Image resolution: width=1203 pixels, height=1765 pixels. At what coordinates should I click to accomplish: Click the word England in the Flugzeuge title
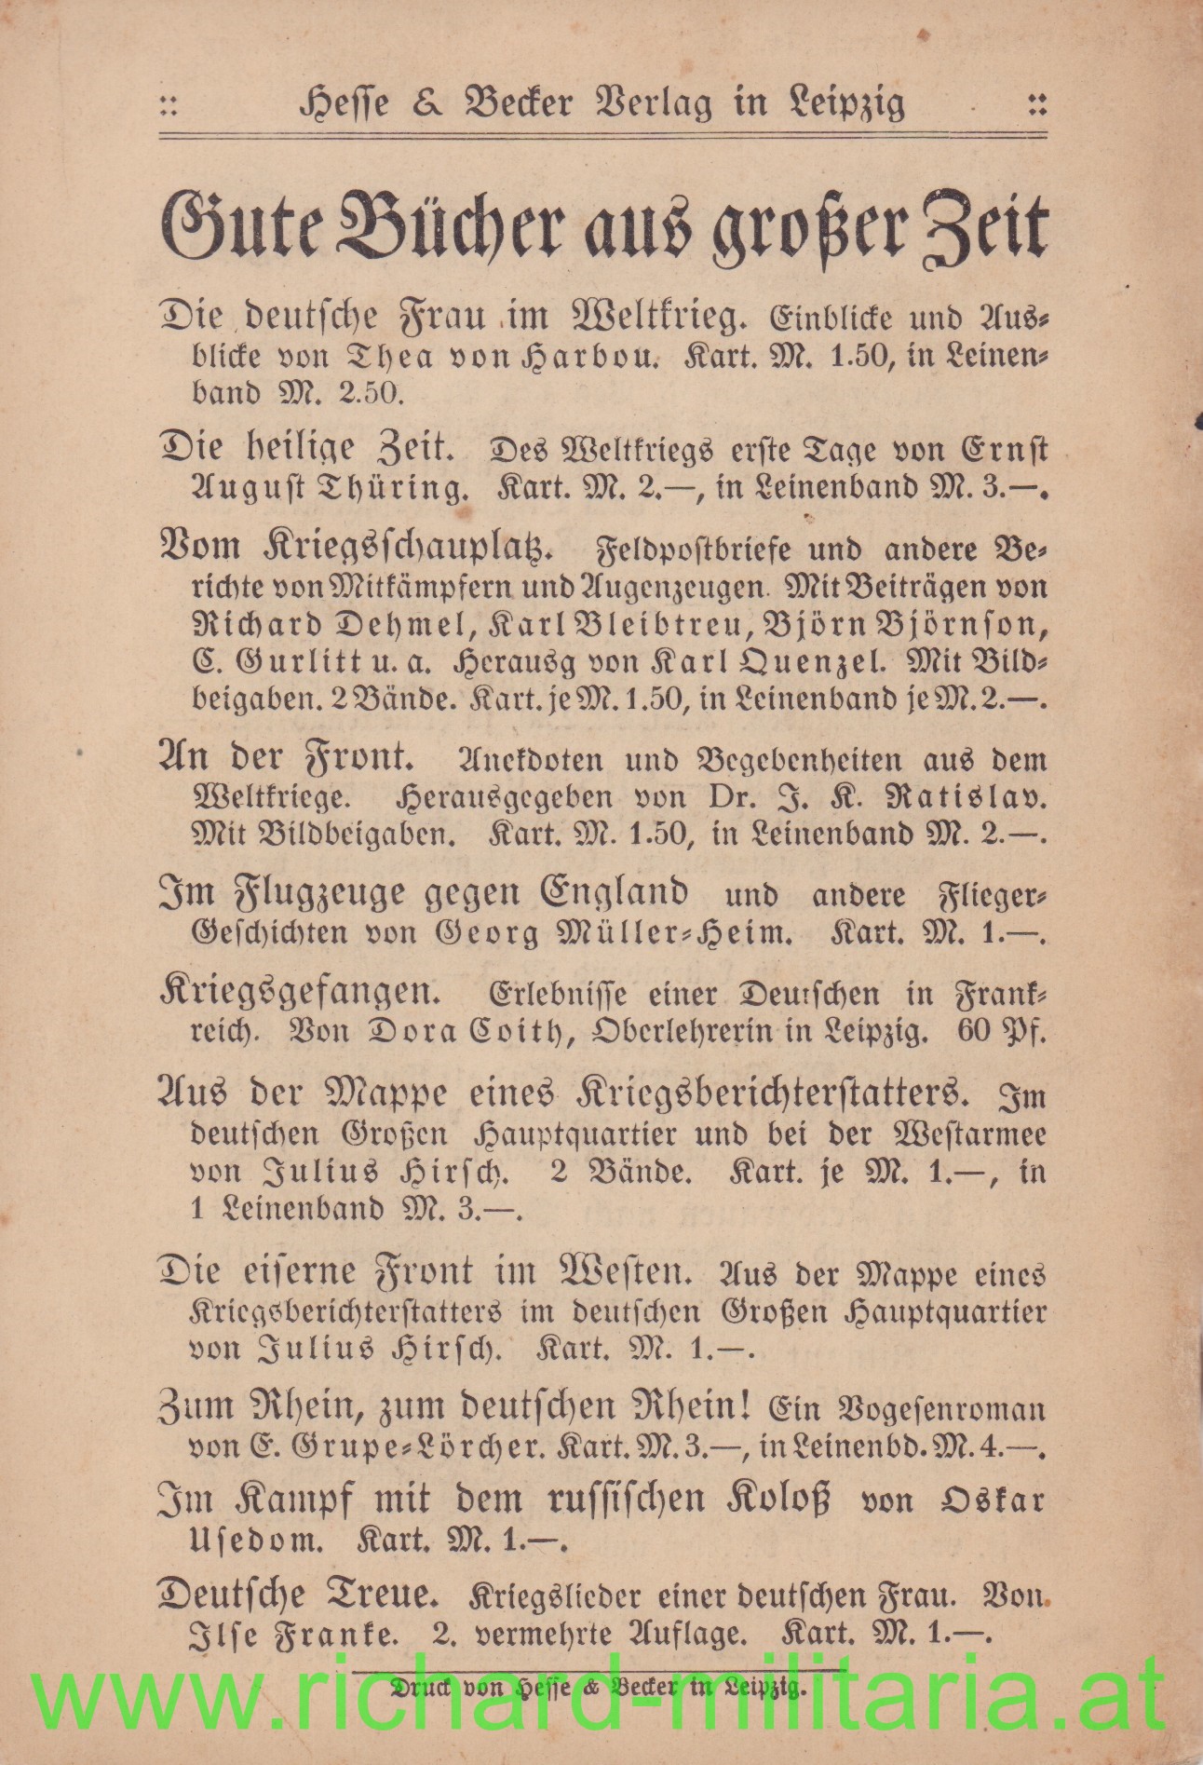click(615, 893)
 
